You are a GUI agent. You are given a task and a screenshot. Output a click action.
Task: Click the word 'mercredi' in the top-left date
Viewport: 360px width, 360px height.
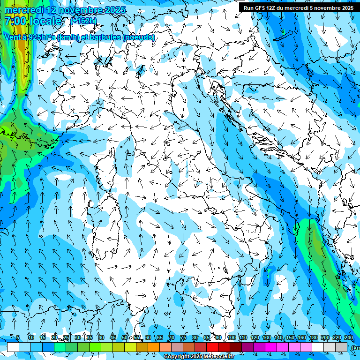click(x=24, y=10)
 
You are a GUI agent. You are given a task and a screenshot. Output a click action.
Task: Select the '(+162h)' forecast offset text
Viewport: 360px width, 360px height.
click(x=83, y=21)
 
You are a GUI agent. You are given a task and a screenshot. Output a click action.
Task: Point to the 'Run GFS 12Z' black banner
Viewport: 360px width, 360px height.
click(x=298, y=8)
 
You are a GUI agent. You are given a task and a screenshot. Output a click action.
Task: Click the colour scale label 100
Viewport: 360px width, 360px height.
click(x=231, y=337)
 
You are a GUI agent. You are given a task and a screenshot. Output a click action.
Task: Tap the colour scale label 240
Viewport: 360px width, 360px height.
click(x=348, y=337)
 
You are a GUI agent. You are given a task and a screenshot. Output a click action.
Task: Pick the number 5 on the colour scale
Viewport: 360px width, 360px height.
click(x=18, y=337)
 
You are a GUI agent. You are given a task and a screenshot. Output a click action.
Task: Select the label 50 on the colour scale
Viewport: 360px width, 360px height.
click(x=125, y=337)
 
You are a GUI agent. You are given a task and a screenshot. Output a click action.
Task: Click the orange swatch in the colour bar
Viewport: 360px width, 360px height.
click(x=154, y=347)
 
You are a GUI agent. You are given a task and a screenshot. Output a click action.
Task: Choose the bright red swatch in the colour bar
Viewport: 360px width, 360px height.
click(x=212, y=347)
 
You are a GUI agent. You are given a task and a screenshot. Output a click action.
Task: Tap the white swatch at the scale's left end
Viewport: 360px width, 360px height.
click(x=13, y=347)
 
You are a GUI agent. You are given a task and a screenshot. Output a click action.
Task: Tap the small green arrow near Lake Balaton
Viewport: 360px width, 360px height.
click(x=283, y=32)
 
